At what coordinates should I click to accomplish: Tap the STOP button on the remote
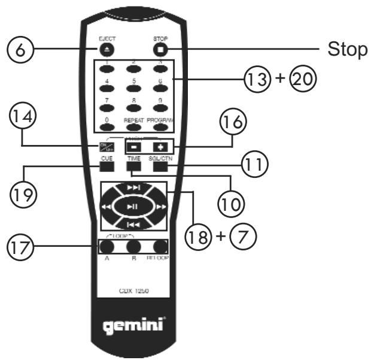click(160, 50)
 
